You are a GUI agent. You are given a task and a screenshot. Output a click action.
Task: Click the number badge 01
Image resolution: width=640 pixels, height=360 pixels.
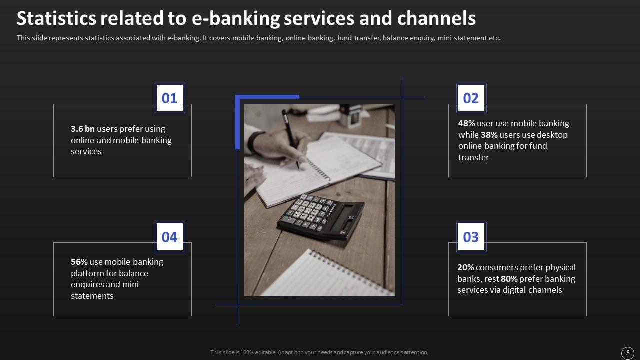[x=170, y=98]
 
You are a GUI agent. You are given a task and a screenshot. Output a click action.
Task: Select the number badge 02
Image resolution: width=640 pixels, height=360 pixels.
[x=471, y=98]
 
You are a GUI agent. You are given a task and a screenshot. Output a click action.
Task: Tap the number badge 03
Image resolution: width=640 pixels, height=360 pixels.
[x=471, y=237]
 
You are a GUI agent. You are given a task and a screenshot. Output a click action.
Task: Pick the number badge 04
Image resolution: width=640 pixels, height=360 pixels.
[x=170, y=237]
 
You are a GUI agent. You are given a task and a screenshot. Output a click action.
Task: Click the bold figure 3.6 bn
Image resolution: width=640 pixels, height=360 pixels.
[x=83, y=129]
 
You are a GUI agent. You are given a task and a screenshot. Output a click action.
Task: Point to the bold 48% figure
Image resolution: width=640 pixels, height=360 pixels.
[x=467, y=123]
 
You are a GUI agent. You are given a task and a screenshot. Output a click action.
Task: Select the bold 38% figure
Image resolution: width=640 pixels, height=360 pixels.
[x=489, y=135]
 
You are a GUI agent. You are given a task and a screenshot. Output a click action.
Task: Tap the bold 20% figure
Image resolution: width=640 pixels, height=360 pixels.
[x=465, y=267]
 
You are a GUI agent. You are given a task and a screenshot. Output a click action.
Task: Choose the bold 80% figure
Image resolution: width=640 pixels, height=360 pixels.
[x=509, y=279]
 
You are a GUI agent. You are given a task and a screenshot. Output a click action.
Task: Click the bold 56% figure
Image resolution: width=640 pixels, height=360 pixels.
[x=79, y=262]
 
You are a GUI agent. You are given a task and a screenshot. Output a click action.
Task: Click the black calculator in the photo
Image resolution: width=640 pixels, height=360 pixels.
[x=320, y=216]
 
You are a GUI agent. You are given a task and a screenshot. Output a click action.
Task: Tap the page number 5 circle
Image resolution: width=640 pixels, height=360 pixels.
[x=627, y=353]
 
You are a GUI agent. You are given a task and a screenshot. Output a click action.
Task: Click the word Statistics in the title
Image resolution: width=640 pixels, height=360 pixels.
[x=56, y=18]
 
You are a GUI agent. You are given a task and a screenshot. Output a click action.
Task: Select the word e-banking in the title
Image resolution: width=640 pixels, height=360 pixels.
[x=235, y=19]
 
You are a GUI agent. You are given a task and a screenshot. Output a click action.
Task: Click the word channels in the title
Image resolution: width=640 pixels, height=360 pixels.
[x=436, y=18]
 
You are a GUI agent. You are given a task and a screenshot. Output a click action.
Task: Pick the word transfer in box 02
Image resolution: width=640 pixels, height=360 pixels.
[x=473, y=157]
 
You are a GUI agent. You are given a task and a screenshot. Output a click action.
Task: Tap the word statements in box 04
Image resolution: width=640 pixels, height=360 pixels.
[x=92, y=296]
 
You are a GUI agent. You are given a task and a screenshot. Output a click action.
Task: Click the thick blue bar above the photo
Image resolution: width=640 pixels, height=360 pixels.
[x=267, y=97]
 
